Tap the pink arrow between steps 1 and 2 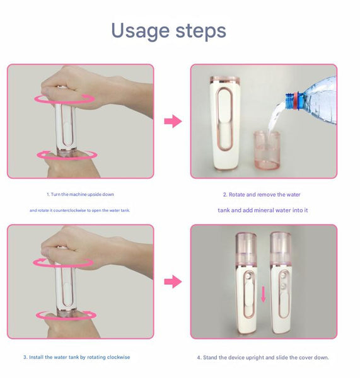tap(172, 121)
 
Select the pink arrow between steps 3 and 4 tap(172, 282)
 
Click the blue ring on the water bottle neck tap(291, 99)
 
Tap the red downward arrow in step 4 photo tap(263, 294)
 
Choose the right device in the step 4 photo tap(281, 283)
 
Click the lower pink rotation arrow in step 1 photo tap(66, 154)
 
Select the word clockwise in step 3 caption tap(117, 357)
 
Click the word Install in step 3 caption tap(37, 357)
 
